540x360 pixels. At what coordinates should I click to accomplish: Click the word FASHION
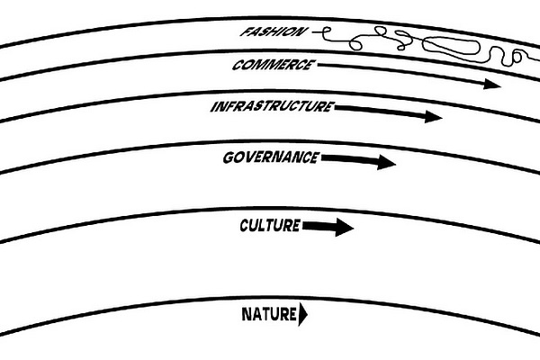pyautogui.click(x=274, y=33)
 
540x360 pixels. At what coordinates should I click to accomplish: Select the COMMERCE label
pyautogui.click(x=273, y=65)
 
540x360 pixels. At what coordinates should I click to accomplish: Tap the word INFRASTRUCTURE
pyautogui.click(x=271, y=107)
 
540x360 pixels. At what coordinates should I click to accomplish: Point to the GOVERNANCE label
pyautogui.click(x=270, y=157)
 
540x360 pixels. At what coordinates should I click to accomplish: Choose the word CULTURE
pyautogui.click(x=270, y=225)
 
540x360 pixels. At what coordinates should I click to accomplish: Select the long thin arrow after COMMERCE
pyautogui.click(x=405, y=74)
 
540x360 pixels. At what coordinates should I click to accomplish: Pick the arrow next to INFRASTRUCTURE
pyautogui.click(x=387, y=112)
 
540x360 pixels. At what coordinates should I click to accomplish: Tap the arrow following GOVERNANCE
pyautogui.click(x=357, y=160)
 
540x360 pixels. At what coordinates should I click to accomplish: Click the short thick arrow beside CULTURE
pyautogui.click(x=328, y=227)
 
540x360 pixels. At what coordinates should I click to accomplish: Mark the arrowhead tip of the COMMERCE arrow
pyautogui.click(x=500, y=84)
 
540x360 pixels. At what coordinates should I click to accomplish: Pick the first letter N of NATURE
pyautogui.click(x=247, y=314)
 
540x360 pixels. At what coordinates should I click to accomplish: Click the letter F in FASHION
pyautogui.click(x=245, y=32)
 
